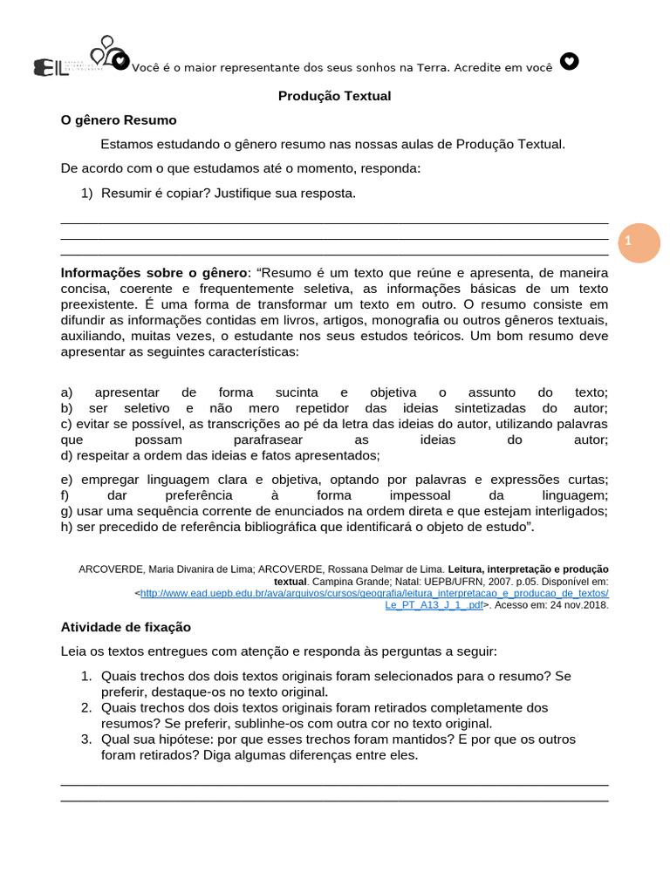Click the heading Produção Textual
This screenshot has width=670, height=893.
click(334, 96)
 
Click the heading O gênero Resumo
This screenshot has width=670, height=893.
click(119, 120)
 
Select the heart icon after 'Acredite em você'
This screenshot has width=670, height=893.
click(569, 61)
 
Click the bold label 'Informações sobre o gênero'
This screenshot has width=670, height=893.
click(154, 273)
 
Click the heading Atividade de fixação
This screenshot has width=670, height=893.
click(126, 627)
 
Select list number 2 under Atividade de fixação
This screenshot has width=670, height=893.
click(86, 707)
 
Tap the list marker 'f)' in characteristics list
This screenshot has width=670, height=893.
click(65, 495)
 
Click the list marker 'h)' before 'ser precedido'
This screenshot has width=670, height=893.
click(66, 527)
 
